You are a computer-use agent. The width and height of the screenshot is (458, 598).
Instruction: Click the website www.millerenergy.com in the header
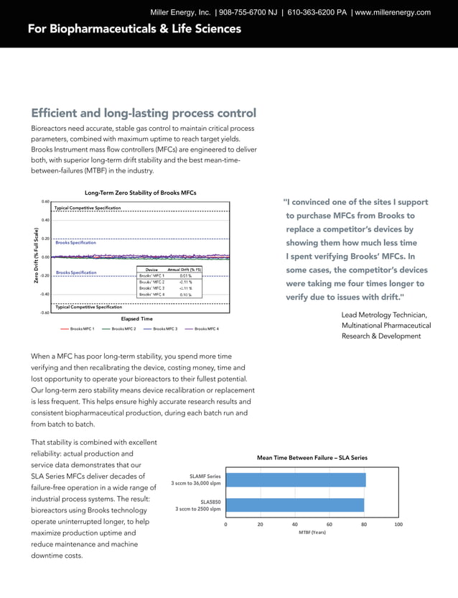click(x=393, y=12)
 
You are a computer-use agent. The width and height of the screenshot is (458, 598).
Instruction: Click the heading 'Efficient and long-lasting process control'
click(x=144, y=114)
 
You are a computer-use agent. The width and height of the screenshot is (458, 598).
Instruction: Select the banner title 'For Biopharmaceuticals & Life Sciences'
click(x=134, y=29)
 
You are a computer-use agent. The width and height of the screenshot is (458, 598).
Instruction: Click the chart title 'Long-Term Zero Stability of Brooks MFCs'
click(x=141, y=193)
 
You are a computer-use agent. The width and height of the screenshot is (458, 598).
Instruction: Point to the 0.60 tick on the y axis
click(x=45, y=202)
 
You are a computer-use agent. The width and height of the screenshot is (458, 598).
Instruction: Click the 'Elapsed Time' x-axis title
click(x=136, y=318)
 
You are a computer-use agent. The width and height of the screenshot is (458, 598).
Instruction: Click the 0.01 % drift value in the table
click(x=185, y=275)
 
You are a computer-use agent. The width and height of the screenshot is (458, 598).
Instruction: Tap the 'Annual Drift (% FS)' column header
click(x=185, y=269)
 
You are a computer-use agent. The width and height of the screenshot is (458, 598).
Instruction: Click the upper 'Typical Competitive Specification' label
click(x=88, y=208)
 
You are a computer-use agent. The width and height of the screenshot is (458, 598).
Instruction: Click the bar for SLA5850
click(x=295, y=505)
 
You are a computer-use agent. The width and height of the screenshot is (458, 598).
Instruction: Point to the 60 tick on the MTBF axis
click(x=330, y=525)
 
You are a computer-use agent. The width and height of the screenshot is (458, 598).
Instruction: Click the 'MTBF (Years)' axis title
click(x=312, y=533)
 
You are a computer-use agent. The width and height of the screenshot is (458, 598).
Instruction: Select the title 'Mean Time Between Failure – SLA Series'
click(x=312, y=457)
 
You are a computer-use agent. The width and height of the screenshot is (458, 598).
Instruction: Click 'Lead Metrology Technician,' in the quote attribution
click(x=384, y=315)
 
